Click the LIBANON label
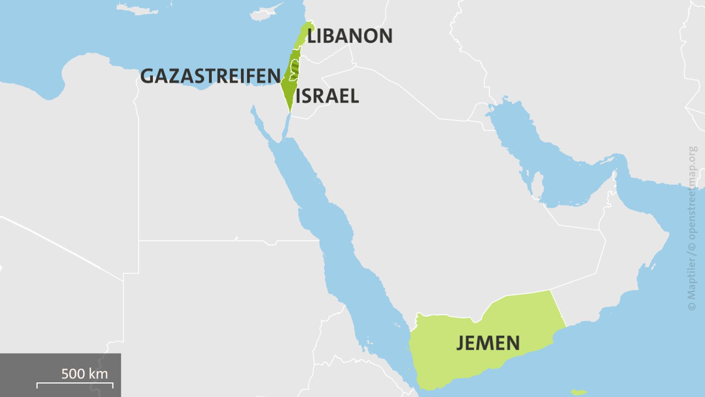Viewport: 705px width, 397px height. tap(350, 36)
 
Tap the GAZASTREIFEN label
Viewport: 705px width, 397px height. tap(210, 76)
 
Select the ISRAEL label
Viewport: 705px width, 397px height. tap(327, 96)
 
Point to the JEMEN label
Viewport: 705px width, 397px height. tap(488, 343)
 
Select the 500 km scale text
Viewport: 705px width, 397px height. tap(84, 374)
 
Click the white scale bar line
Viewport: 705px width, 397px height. tap(75, 385)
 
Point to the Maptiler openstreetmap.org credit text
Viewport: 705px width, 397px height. tap(692, 228)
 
